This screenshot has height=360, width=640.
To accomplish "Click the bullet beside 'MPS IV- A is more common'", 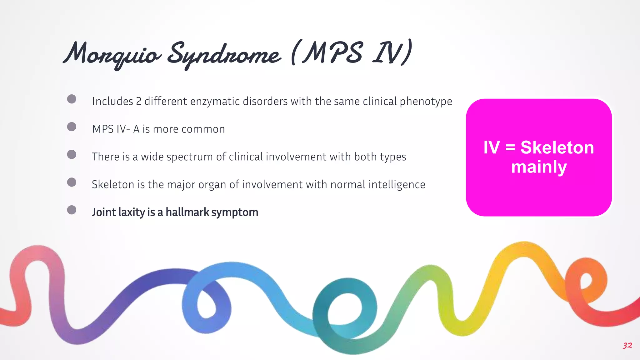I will click(72, 127).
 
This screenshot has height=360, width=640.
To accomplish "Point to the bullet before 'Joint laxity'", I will click(72, 210).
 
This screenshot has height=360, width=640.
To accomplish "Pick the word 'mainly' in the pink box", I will click(539, 167).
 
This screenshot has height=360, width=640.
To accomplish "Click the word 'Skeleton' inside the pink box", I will click(557, 147).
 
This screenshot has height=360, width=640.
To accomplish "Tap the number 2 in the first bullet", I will click(138, 102).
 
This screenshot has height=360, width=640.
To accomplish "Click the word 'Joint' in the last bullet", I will click(104, 212).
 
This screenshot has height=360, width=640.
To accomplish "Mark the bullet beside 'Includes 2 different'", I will click(72, 99).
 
